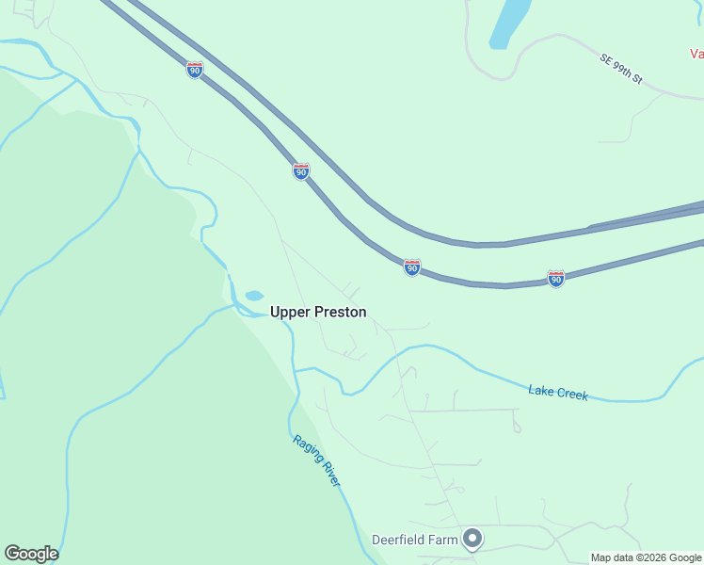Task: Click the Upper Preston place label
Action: [318, 312]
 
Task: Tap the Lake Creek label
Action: [558, 393]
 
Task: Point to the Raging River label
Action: [315, 460]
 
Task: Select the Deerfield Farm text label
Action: [414, 540]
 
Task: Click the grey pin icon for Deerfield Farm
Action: [472, 539]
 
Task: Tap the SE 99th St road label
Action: [620, 70]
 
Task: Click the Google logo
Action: [31, 554]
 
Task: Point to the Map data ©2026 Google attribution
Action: [646, 557]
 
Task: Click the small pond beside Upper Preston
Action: [254, 296]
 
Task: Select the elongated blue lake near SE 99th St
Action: [509, 24]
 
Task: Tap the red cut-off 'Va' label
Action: [696, 54]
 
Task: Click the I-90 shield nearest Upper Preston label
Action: [411, 267]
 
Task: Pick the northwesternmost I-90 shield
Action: [194, 70]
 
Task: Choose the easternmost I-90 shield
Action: [556, 279]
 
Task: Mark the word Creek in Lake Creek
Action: [572, 395]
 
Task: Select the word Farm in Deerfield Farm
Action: [444, 540]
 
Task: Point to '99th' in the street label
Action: [622, 71]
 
